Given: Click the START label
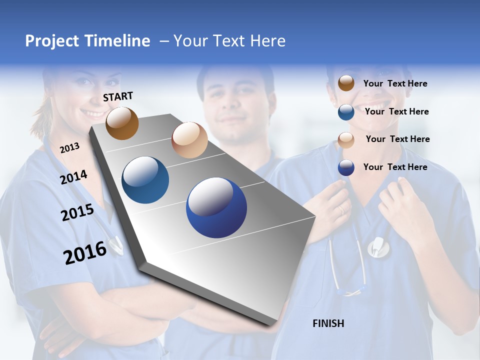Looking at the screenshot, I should tap(118, 96).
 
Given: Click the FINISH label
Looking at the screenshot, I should tap(328, 323).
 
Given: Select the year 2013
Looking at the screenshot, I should tap(69, 147).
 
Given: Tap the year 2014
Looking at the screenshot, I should tap(74, 177).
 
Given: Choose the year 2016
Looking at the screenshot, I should tap(85, 252).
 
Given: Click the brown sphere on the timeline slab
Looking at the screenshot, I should tap(122, 123).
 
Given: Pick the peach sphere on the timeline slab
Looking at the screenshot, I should tap(189, 140).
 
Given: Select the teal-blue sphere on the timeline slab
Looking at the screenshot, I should tap(145, 180).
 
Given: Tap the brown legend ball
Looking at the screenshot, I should tap(346, 83).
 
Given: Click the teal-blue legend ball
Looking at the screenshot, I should tap(346, 112).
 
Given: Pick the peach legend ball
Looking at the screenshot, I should tap(346, 139).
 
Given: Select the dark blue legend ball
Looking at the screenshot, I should tap(346, 167).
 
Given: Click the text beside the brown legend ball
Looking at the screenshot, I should tap(395, 83).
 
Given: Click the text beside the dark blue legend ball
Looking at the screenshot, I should tap(395, 167).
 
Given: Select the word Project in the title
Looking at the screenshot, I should tap(52, 41).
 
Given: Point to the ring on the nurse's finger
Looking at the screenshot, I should tap(342, 210).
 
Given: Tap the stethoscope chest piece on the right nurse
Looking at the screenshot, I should tap(378, 247).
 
